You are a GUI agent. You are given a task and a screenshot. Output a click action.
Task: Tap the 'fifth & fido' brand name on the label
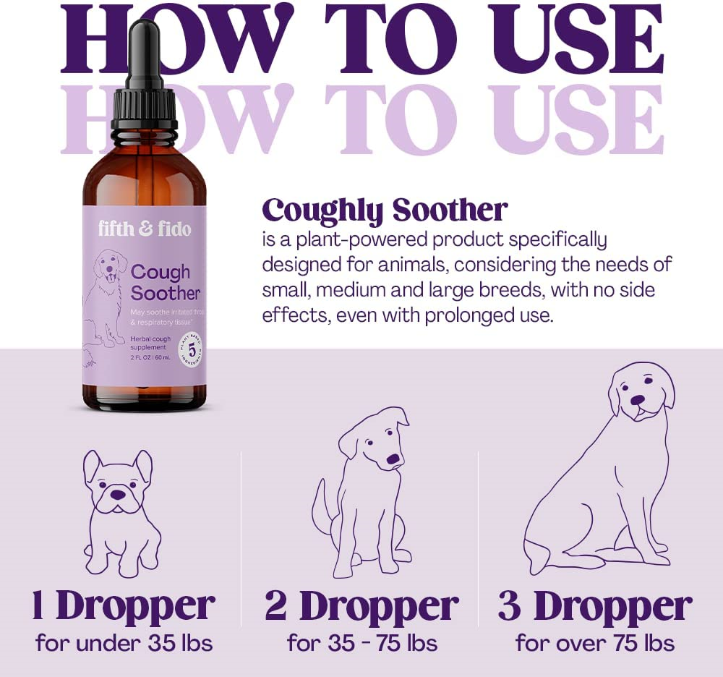(x=145, y=229)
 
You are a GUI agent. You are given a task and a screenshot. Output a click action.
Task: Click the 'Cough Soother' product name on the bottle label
(x=165, y=282)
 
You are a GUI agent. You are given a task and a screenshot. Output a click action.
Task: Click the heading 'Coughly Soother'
(x=385, y=210)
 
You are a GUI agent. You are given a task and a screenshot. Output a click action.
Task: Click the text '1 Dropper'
(x=123, y=606)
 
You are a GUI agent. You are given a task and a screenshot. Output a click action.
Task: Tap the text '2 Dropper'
(x=361, y=606)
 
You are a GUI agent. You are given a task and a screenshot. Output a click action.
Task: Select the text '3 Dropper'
(x=594, y=606)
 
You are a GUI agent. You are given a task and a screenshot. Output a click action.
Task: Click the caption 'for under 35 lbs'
(x=124, y=642)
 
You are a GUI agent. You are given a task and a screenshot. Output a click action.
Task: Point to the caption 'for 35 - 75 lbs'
(x=361, y=642)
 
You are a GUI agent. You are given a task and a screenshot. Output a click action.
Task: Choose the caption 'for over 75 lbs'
(x=594, y=642)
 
